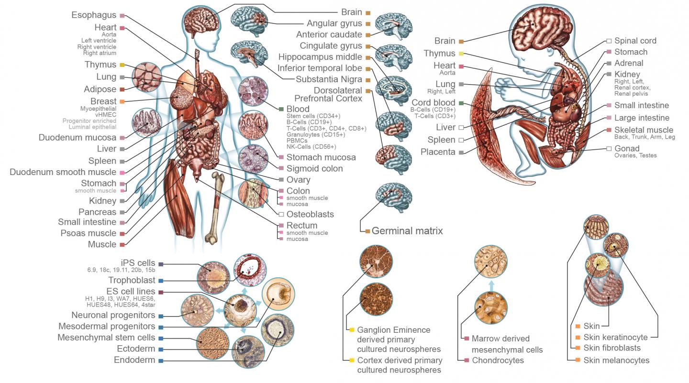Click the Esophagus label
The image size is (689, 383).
pyautogui.click(x=94, y=15)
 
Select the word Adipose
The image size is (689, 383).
pyautogui.click(x=100, y=89)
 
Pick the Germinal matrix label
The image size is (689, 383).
pyautogui.click(x=407, y=231)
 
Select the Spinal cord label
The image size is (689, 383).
pyautogui.click(x=635, y=41)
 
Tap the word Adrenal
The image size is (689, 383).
pyautogui.click(x=629, y=63)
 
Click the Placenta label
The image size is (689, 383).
pyautogui.click(x=438, y=152)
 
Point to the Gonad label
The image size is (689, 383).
pyautogui.click(x=627, y=149)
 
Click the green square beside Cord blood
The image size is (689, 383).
pyautogui.click(x=461, y=103)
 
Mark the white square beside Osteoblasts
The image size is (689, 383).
pyautogui.click(x=281, y=214)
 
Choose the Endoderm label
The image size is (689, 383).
pyautogui.click(x=134, y=361)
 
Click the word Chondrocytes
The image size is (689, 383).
pyautogui.click(x=498, y=361)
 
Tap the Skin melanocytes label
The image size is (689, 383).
pyautogui.click(x=616, y=361)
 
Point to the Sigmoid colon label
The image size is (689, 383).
pyautogui.click(x=314, y=168)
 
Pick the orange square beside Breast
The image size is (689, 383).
pyautogui.click(x=122, y=101)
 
